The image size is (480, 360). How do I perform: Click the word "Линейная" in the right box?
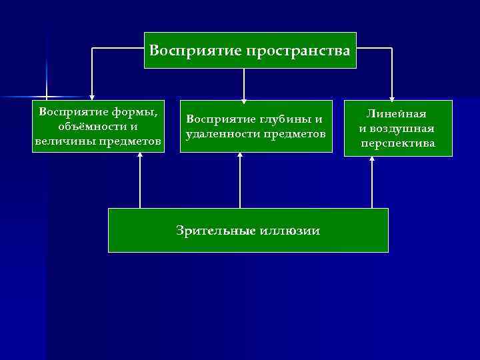[x=398, y=114]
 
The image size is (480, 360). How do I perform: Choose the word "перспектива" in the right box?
[x=398, y=143]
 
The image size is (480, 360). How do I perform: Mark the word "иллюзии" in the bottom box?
[x=294, y=231]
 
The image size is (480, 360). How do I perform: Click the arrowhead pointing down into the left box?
[x=92, y=97]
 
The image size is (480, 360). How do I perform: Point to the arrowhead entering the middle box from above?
[x=244, y=98]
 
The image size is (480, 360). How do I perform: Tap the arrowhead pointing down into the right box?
[x=392, y=96]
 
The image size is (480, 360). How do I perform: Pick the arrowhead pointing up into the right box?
[x=372, y=161]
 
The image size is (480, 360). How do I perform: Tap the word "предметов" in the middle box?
[x=293, y=134]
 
